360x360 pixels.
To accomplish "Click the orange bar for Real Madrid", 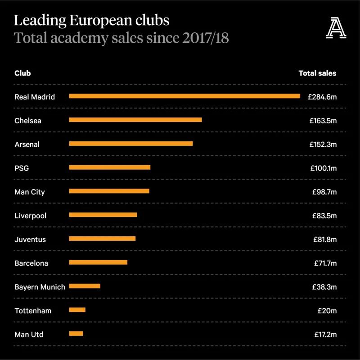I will tap(184, 96).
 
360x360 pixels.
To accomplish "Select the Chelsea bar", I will tap(135, 120).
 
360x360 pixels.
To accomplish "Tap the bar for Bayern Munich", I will tap(85, 286).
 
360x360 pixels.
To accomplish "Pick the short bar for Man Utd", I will tap(76, 333).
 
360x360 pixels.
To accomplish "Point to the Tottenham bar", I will tap(77, 310).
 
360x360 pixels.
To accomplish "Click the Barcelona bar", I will tap(98, 262).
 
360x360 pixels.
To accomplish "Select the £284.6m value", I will tap(322, 96).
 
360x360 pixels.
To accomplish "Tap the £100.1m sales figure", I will tap(323, 168).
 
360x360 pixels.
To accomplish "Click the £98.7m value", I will tap(324, 192).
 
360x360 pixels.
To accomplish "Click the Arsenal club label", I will tap(27, 144).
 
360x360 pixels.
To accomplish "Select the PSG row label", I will tap(22, 168).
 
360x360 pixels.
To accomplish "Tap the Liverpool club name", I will tap(30, 216).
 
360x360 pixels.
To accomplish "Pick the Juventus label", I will tap(30, 239).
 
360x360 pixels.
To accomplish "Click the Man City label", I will tap(30, 192).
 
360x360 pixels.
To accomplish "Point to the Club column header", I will tap(22, 73).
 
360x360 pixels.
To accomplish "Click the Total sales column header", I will tap(317, 73).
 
